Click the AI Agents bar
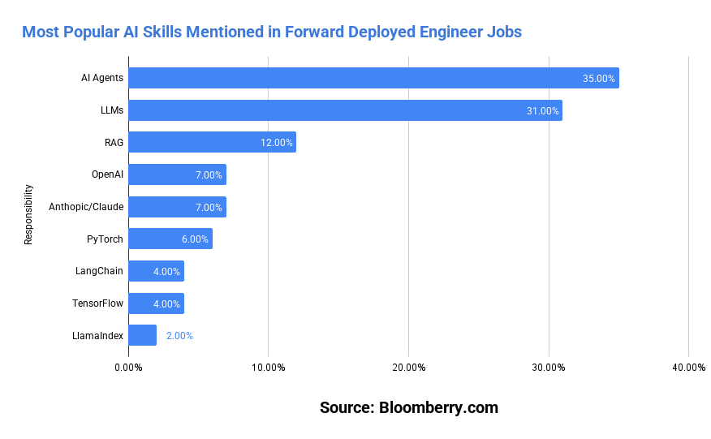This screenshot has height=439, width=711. click(x=373, y=79)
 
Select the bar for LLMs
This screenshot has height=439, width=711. click(x=345, y=110)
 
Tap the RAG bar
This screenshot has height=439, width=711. click(x=212, y=143)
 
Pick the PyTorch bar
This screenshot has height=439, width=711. click(x=170, y=239)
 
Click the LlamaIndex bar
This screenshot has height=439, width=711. click(x=143, y=335)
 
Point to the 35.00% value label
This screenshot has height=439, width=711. click(x=599, y=79)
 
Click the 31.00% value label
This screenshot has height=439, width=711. click(x=542, y=110)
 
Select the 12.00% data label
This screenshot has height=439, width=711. click(x=276, y=143)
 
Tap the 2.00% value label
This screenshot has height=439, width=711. click(x=179, y=335)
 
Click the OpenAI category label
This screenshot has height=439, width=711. click(x=108, y=174)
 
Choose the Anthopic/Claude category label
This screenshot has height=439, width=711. click(x=86, y=207)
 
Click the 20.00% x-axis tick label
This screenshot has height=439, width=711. click(x=408, y=368)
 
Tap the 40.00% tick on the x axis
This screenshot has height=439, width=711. click(x=688, y=368)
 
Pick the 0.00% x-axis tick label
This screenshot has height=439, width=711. click(x=128, y=368)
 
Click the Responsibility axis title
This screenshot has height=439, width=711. click(x=28, y=214)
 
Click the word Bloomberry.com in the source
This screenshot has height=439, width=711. click(x=438, y=407)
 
